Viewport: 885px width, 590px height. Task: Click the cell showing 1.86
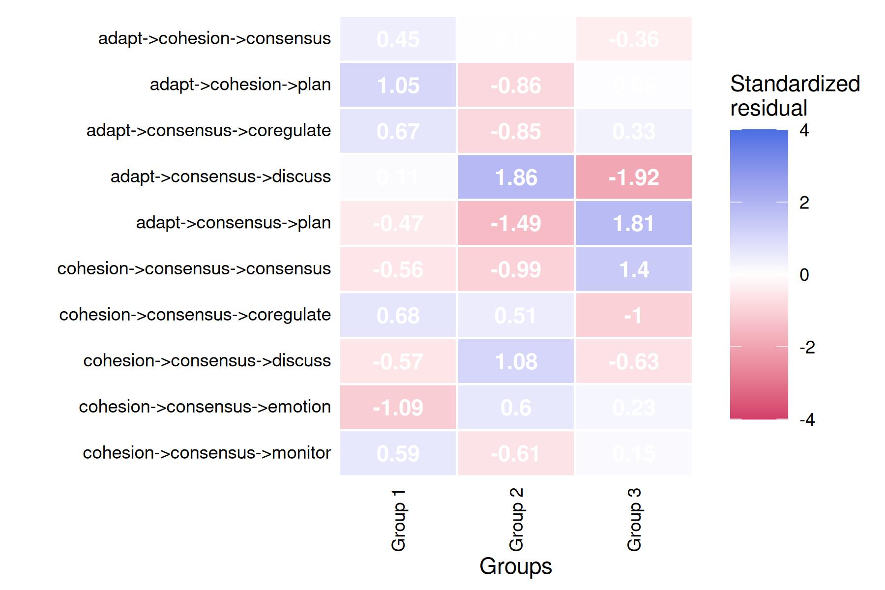516,177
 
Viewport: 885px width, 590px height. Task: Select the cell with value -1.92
634,177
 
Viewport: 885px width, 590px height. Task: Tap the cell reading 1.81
634,223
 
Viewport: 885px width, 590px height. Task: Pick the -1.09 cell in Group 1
398,408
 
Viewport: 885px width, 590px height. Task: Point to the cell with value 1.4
634,269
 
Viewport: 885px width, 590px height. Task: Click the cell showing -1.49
516,223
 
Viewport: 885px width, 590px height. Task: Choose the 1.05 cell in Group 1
398,85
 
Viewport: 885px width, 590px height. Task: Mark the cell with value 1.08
516,361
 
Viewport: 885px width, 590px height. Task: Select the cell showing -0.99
516,269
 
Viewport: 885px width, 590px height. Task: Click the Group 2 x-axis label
516,520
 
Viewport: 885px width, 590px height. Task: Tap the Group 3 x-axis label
634,520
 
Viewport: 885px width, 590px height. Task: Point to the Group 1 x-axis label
398,520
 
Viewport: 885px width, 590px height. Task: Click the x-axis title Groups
516,566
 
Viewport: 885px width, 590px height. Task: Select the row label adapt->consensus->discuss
220,177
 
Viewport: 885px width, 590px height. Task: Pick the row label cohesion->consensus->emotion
205,407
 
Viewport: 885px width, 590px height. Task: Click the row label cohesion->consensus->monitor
206,453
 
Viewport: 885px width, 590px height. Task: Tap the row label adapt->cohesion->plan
240,85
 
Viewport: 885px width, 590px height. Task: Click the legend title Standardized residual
795,96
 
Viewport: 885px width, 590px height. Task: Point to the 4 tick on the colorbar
804,130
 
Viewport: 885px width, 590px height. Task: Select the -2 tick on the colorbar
807,348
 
